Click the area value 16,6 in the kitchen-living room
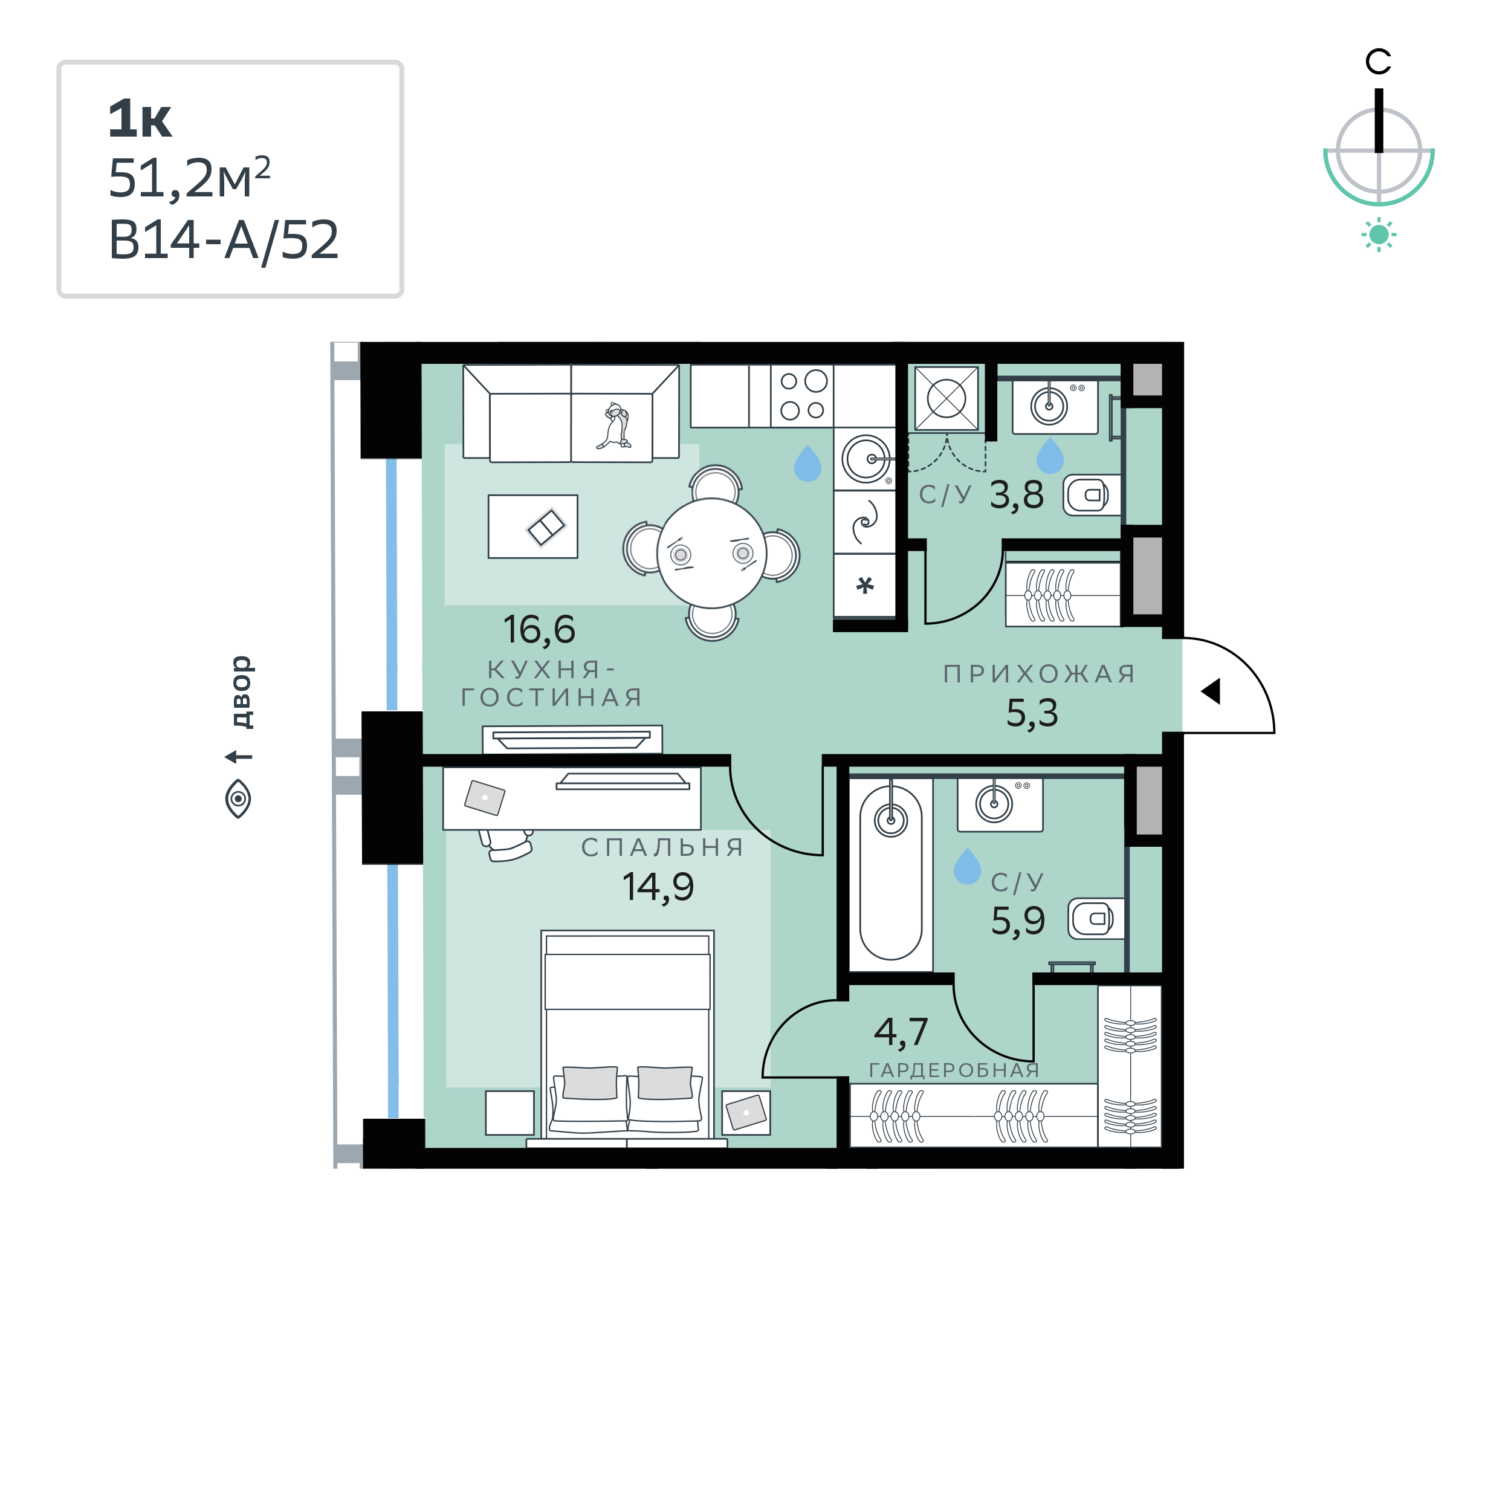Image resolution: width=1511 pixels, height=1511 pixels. pos(539,630)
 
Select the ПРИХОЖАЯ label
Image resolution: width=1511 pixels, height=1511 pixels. pos(1040,673)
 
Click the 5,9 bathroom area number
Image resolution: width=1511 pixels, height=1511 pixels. pos(1017,921)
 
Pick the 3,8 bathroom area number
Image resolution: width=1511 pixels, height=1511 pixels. pos(1017,495)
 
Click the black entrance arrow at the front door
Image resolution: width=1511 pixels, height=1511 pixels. pos(1211,691)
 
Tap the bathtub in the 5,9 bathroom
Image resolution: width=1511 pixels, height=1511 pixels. pos(891,873)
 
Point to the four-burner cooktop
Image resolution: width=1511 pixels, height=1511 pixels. pos(803,396)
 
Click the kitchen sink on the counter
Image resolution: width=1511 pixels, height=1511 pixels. pos(867,459)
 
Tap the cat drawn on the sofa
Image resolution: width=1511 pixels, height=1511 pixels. pos(614,426)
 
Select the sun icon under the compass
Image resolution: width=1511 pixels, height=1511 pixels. pos(1379,235)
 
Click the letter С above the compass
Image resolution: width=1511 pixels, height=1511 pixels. pos(1378,61)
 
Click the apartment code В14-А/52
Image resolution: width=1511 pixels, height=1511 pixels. pos(224,240)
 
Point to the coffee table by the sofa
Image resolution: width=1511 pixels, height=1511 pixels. pos(532,526)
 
